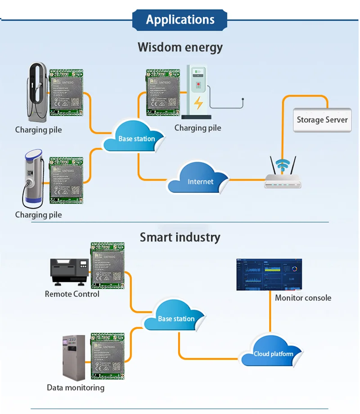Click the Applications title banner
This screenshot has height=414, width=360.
pyautogui.click(x=180, y=20)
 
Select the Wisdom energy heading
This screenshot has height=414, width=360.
pyautogui.click(x=180, y=47)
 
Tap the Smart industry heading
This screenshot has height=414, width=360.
pyautogui.click(x=180, y=237)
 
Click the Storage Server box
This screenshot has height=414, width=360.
pyautogui.click(x=322, y=120)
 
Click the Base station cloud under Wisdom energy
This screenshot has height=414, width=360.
pyautogui.click(x=135, y=138)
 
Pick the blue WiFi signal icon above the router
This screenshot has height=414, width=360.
pyautogui.click(x=283, y=165)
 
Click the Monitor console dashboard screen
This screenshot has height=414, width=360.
pyautogui.click(x=269, y=275)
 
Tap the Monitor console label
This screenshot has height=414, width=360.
pyautogui.click(x=303, y=298)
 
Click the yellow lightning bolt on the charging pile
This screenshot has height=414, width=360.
pyautogui.click(x=198, y=103)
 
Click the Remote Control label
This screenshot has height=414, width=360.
pyautogui.click(x=72, y=294)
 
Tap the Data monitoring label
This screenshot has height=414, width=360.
pyautogui.click(x=76, y=387)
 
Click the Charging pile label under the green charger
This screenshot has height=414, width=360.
pyautogui.click(x=198, y=128)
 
